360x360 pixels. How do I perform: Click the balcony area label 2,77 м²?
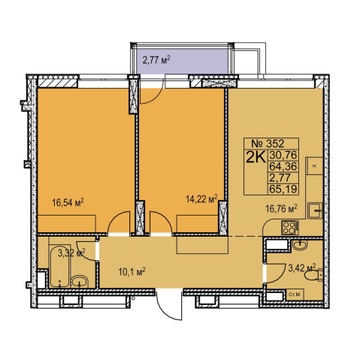(x=156, y=60)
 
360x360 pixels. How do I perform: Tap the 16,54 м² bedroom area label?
(x=68, y=202)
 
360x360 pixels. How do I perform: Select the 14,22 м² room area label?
(x=201, y=199)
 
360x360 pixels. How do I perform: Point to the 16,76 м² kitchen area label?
(x=282, y=208)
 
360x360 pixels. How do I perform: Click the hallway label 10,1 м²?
(x=132, y=272)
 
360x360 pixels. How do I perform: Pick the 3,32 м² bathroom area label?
(x=71, y=253)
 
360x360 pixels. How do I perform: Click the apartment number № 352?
(x=268, y=144)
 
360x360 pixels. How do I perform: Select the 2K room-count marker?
(x=256, y=158)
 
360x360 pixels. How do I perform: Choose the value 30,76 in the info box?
(x=283, y=155)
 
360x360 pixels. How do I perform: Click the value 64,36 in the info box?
(x=283, y=166)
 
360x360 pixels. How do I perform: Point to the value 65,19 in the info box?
(x=283, y=189)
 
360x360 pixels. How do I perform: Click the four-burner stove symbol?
(x=289, y=228)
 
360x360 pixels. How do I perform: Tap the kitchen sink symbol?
(x=315, y=210)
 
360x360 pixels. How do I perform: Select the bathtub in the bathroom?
(x=59, y=266)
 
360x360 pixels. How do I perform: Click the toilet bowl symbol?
(x=313, y=275)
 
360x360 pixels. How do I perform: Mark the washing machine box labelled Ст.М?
(x=295, y=295)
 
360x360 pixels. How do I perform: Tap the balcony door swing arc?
(x=152, y=92)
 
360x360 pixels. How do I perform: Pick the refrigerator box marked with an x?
(x=314, y=166)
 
